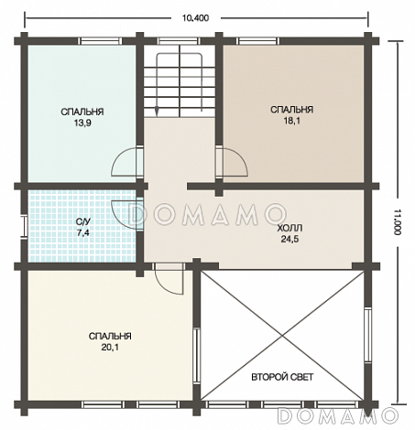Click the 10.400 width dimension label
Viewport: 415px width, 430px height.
[195, 18]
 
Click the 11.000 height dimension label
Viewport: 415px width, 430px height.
[397, 221]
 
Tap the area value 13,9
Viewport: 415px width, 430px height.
[82, 123]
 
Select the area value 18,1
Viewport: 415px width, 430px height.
[292, 121]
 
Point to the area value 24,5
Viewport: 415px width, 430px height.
[289, 239]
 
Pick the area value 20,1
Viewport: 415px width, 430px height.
[110, 347]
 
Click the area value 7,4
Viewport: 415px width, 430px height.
[83, 233]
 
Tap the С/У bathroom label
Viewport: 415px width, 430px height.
[83, 221]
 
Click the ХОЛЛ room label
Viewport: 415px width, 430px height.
[289, 228]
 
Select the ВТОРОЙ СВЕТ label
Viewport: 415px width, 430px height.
[282, 377]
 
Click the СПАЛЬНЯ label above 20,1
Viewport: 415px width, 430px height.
[110, 336]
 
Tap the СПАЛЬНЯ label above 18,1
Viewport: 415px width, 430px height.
[292, 110]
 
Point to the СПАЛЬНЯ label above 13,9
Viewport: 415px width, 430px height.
[82, 112]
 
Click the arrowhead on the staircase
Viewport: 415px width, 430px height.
[157, 112]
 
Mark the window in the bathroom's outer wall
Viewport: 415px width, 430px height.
[24, 226]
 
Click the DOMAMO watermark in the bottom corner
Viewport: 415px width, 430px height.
[338, 415]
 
